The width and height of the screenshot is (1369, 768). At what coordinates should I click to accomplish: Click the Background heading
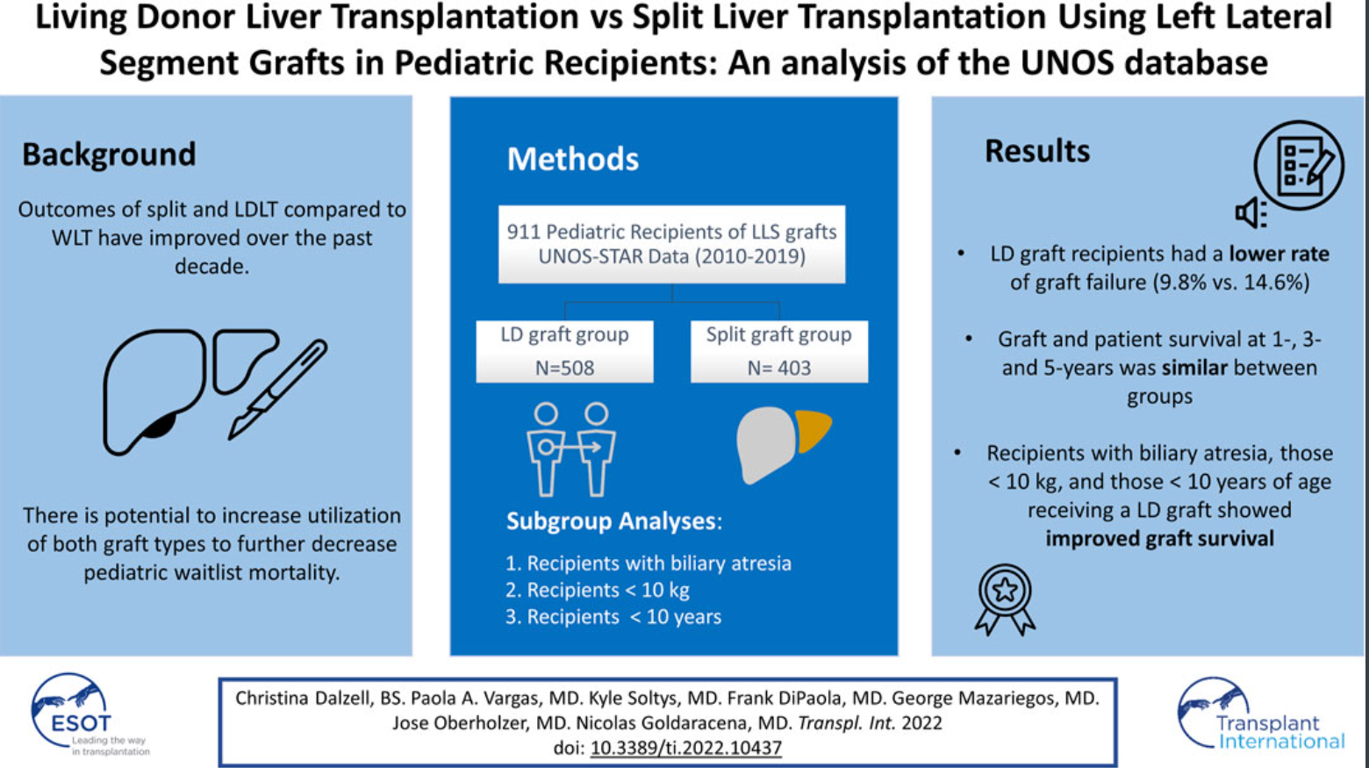pyautogui.click(x=109, y=154)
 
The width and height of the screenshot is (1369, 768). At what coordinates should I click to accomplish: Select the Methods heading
pyautogui.click(x=573, y=159)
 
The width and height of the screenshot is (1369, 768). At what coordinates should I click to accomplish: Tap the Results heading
pyautogui.click(x=1037, y=151)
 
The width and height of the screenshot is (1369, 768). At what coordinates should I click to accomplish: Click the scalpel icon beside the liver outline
pyautogui.click(x=278, y=389)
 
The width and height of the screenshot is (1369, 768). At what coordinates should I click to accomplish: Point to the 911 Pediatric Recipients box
pyautogui.click(x=671, y=244)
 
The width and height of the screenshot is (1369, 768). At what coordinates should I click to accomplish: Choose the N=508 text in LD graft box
pyautogui.click(x=564, y=368)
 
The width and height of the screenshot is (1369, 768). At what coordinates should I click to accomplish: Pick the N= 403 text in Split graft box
pyautogui.click(x=779, y=368)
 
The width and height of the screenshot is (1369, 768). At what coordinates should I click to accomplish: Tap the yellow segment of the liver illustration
pyautogui.click(x=813, y=430)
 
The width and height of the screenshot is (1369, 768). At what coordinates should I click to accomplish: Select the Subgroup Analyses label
pyautogui.click(x=613, y=521)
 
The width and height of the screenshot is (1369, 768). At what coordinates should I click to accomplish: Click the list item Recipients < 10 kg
pyautogui.click(x=598, y=590)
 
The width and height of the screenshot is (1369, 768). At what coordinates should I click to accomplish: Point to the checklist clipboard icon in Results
pyautogui.click(x=1299, y=165)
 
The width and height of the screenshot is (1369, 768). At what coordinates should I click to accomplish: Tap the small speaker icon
pyautogui.click(x=1251, y=212)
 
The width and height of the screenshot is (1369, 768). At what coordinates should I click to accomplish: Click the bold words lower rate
pyautogui.click(x=1279, y=254)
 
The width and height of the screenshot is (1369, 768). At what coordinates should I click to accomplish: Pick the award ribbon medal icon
pyautogui.click(x=1005, y=599)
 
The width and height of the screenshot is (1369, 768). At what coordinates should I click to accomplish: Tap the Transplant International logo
pyautogui.click(x=1261, y=715)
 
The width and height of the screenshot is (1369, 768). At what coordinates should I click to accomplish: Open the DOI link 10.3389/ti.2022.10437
pyautogui.click(x=685, y=748)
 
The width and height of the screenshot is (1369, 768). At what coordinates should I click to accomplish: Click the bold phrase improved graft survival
pyautogui.click(x=1159, y=538)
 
